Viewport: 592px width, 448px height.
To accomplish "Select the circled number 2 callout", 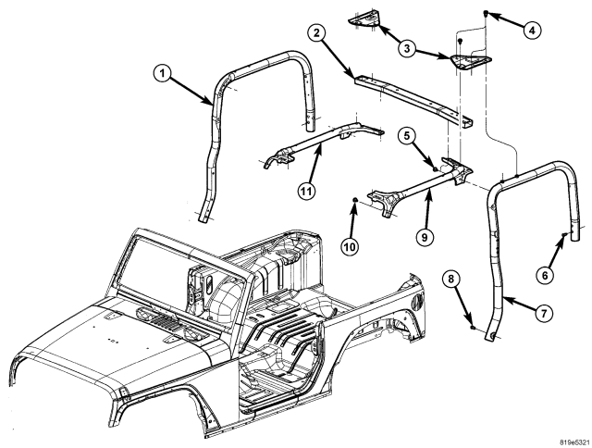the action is pos(317,35).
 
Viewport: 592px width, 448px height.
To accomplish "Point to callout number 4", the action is pos(532,29).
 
